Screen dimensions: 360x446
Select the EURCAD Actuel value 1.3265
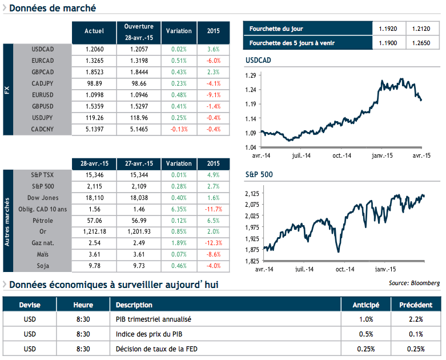click(x=94, y=61)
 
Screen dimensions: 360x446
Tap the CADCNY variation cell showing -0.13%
click(x=179, y=129)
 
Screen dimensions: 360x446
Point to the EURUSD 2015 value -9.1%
click(x=213, y=95)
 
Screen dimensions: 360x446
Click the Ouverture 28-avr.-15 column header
click(x=139, y=32)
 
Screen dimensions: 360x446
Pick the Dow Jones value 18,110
click(x=94, y=198)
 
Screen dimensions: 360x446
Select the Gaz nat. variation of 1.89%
click(x=179, y=243)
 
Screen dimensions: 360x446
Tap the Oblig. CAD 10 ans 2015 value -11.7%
click(x=213, y=210)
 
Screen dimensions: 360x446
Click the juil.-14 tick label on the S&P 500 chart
click(x=302, y=269)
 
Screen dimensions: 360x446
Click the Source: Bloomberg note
click(x=414, y=283)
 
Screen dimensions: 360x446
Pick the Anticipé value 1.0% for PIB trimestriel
click(x=366, y=319)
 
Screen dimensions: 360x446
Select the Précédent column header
click(x=415, y=305)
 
